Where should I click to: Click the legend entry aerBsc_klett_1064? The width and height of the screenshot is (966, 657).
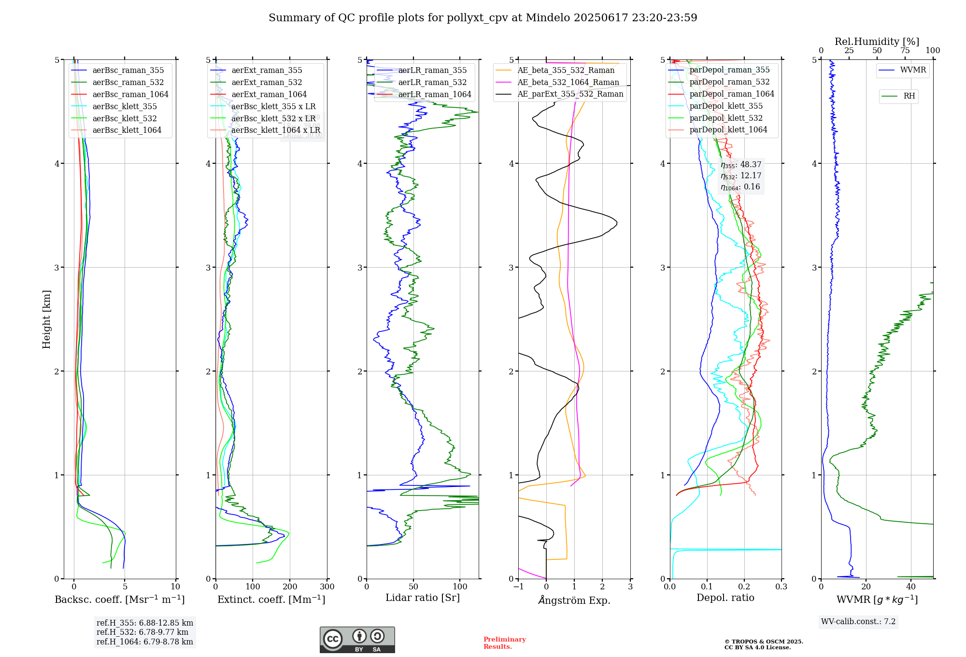pyautogui.click(x=127, y=130)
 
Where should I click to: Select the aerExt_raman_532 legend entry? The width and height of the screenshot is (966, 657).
pyautogui.click(x=267, y=83)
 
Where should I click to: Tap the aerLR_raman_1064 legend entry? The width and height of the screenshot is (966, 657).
pyautogui.click(x=434, y=95)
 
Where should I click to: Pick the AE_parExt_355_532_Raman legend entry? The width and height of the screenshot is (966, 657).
pyautogui.click(x=570, y=94)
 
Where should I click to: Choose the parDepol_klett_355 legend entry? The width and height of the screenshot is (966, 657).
pyautogui.click(x=726, y=106)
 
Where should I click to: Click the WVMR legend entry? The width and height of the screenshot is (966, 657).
pyautogui.click(x=913, y=70)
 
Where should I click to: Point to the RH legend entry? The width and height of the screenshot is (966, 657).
pyautogui.click(x=909, y=96)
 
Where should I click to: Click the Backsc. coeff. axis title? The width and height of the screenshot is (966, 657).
pyautogui.click(x=119, y=600)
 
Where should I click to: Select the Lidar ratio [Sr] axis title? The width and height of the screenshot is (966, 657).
pyautogui.click(x=423, y=598)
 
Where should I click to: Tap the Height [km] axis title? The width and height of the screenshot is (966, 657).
pyautogui.click(x=46, y=319)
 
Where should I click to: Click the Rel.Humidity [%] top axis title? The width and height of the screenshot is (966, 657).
pyautogui.click(x=877, y=42)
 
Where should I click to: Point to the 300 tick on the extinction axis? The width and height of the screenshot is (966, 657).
pyautogui.click(x=327, y=587)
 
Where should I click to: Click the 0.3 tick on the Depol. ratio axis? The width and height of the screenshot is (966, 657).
pyautogui.click(x=781, y=587)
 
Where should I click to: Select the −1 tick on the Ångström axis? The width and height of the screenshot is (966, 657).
pyautogui.click(x=518, y=587)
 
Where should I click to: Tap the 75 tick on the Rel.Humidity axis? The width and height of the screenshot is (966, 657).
pyautogui.click(x=905, y=51)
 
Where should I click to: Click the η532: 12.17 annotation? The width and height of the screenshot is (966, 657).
pyautogui.click(x=741, y=176)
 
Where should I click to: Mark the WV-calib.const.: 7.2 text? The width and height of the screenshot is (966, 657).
pyautogui.click(x=858, y=622)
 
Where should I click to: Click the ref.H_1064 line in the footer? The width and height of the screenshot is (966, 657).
pyautogui.click(x=144, y=642)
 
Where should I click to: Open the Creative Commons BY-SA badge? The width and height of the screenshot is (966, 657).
pyautogui.click(x=357, y=640)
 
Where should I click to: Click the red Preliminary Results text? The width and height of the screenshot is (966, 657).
pyautogui.click(x=504, y=643)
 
